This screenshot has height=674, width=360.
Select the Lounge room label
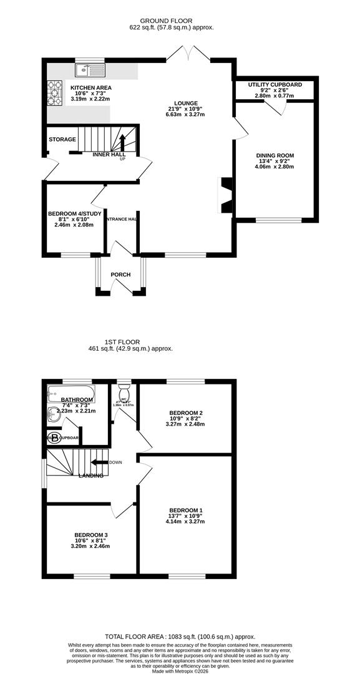coord(187,104)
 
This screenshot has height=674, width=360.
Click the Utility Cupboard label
coord(275,84)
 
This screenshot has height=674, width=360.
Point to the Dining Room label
coord(275,155)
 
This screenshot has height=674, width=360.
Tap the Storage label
coord(62,139)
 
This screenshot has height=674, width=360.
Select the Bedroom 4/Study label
coord(70,213)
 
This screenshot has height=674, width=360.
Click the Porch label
coord(120,275)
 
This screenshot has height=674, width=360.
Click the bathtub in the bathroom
coord(71,393)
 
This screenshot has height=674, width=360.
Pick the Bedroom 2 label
coord(187,413)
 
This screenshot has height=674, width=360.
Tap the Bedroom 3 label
coord(92,535)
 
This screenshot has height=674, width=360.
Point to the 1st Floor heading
coord(121,341)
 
